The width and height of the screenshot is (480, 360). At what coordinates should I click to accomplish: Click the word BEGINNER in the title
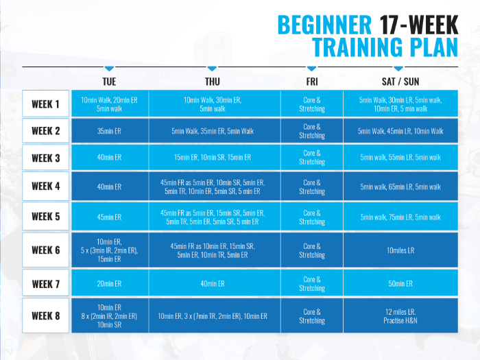point(324,25)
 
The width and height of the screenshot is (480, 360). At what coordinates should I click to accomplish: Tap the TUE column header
point(109,82)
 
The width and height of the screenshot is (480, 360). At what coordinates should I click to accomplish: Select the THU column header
point(213,82)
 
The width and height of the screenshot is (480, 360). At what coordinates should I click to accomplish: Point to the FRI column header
point(312,82)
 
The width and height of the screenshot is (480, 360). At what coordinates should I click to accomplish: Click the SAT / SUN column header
point(400,82)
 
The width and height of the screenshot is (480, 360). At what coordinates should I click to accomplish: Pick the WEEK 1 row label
point(46,104)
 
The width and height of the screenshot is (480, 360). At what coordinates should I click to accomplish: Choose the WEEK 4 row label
point(46,186)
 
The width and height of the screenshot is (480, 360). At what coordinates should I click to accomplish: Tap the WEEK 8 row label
point(46,315)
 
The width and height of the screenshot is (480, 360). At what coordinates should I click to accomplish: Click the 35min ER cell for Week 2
point(110,131)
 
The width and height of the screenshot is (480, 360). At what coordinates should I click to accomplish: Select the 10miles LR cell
point(400,250)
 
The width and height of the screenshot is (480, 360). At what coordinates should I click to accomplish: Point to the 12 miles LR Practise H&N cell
point(400,315)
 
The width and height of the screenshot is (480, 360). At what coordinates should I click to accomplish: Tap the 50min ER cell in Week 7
point(400,283)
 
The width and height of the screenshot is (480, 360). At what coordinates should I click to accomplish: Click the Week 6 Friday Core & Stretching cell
point(312,250)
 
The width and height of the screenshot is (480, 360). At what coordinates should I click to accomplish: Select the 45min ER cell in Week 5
point(110,217)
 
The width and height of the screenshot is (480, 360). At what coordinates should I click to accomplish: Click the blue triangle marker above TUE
point(109,69)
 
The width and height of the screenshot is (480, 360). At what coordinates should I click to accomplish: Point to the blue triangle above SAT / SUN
point(398,69)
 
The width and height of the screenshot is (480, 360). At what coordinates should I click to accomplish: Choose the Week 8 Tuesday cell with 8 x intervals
point(110,315)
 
